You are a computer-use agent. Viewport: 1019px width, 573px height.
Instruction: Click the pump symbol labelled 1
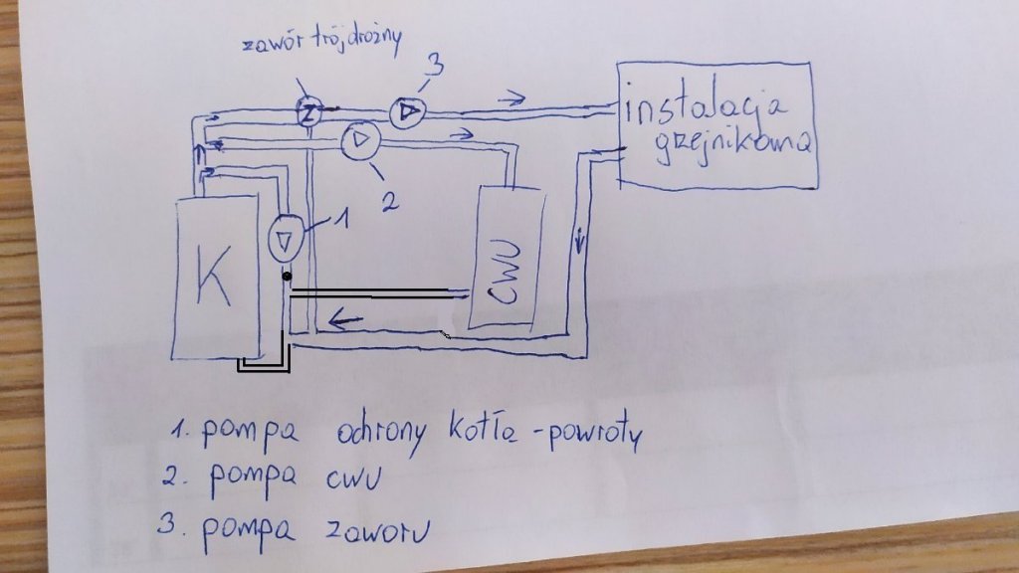tap(285, 239)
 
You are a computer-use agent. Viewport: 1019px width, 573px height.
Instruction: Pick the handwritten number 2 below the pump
tap(389, 200)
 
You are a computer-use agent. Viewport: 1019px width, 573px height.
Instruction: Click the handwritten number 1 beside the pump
tap(340, 218)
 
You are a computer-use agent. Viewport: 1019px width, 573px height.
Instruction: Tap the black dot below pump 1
tap(287, 276)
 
